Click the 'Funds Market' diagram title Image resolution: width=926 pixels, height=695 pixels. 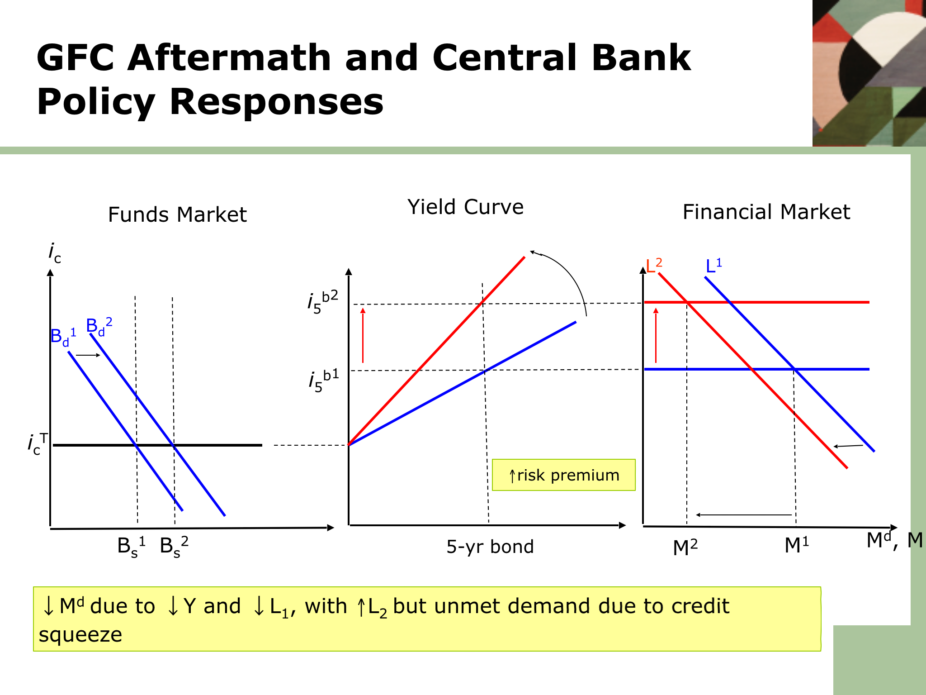point(177,214)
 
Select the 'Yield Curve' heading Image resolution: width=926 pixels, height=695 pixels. point(465,207)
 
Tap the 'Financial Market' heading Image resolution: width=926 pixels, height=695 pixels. point(766,212)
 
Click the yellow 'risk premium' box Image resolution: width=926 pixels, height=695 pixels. point(563,475)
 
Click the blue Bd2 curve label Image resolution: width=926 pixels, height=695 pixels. point(99,327)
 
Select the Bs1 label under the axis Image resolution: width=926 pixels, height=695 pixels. point(131,547)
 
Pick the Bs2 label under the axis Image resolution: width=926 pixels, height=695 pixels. point(174,547)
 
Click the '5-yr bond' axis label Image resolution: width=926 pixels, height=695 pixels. point(490,547)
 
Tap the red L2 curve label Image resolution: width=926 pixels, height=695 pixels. point(654,266)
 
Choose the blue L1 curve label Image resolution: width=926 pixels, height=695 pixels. point(713,266)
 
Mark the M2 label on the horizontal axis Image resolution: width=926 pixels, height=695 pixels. point(685,547)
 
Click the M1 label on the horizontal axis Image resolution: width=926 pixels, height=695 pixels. point(796,545)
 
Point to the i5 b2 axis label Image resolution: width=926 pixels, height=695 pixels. point(323,302)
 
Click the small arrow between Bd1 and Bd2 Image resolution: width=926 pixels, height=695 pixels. point(88,355)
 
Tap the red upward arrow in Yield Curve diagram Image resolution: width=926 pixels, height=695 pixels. point(363,335)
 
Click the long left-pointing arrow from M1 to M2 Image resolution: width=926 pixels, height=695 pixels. point(744,515)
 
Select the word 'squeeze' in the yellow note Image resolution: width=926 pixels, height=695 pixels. point(80,635)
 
